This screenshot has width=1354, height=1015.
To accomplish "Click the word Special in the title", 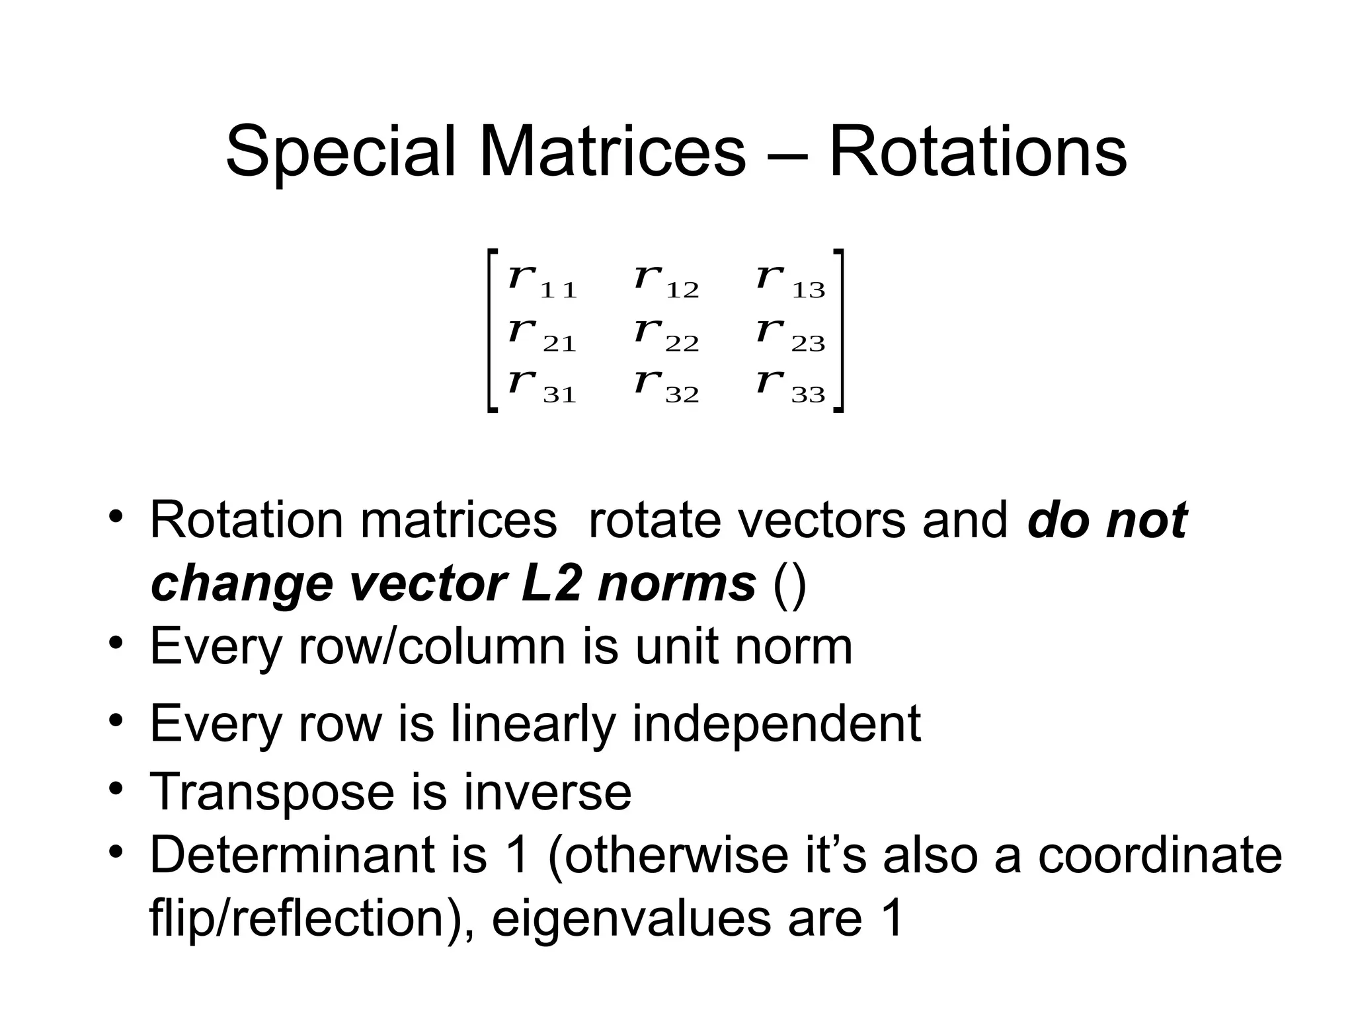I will [341, 153].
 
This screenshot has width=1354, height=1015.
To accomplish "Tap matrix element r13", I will [791, 280].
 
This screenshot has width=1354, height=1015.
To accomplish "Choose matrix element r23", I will [791, 333].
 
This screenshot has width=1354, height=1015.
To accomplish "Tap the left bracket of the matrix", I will [491, 330].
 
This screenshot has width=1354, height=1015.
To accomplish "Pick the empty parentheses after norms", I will [789, 585].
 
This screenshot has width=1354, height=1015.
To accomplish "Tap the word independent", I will [777, 724].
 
